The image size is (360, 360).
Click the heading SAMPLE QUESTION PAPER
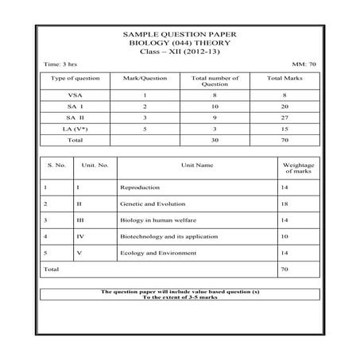tap(179, 35)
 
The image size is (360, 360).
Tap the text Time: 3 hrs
tap(60, 63)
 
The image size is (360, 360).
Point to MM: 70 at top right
tap(304, 63)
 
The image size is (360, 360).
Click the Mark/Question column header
tap(144, 79)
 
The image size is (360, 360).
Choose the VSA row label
tap(74, 95)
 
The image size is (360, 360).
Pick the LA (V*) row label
tap(74, 128)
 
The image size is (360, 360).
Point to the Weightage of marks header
tap(299, 168)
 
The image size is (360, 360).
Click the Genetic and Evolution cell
tap(148, 203)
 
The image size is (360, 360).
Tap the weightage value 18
tap(285, 203)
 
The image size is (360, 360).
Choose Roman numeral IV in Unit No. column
tap(79, 236)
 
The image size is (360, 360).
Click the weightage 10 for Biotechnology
tap(285, 236)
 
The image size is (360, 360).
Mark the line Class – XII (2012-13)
tap(179, 51)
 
